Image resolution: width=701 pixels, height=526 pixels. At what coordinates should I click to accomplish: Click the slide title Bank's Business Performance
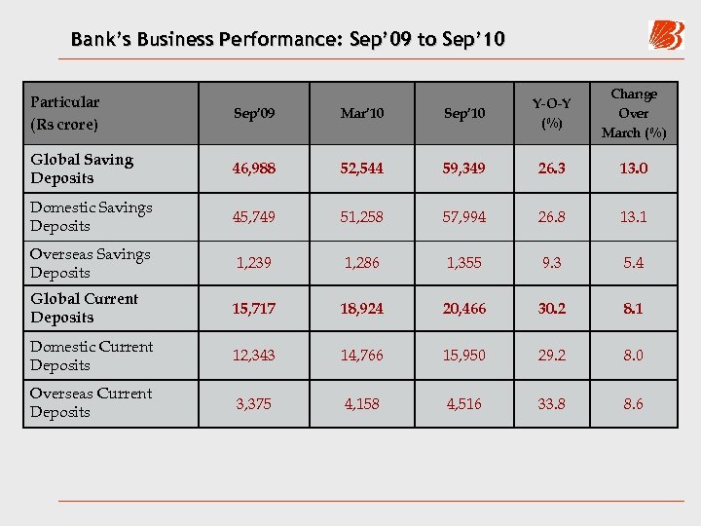[287, 40]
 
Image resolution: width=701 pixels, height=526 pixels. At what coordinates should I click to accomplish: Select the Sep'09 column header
[254, 114]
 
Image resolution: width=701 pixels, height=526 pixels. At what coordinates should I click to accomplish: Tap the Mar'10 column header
[362, 114]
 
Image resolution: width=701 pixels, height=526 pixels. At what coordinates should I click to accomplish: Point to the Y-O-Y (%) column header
[552, 114]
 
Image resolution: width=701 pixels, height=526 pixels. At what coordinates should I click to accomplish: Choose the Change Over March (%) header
[634, 113]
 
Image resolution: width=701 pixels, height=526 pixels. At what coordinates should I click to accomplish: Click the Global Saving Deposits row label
[82, 169]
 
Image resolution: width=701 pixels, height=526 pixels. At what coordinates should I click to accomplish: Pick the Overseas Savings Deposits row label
[90, 263]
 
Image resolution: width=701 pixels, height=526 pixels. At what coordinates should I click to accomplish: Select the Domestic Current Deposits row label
[91, 356]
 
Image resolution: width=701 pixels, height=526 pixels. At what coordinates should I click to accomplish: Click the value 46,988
[254, 169]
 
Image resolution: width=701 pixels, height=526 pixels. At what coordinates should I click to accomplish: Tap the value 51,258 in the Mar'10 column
[362, 216]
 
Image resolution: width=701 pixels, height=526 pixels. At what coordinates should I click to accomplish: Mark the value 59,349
[463, 169]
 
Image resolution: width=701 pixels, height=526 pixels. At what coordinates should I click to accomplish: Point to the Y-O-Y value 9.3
[552, 263]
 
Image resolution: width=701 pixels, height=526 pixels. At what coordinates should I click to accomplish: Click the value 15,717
[254, 309]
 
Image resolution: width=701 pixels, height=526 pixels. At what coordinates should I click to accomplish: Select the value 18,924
[362, 309]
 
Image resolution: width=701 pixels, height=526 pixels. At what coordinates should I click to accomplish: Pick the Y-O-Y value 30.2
[552, 309]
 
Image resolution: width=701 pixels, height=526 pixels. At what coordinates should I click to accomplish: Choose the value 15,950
[463, 356]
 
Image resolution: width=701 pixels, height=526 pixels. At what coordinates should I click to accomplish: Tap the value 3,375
[254, 403]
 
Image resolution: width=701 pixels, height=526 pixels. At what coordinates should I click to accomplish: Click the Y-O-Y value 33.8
[552, 403]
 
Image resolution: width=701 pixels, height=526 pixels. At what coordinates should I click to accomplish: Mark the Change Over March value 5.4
[634, 263]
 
